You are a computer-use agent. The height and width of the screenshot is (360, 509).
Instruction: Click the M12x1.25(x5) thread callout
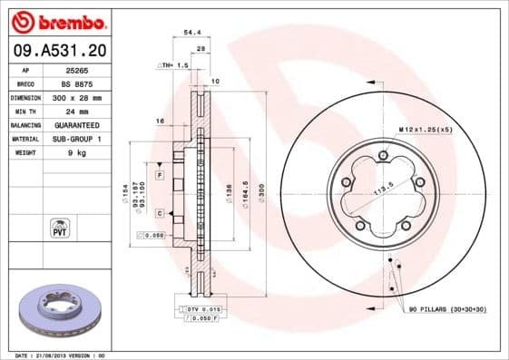[x=426, y=130]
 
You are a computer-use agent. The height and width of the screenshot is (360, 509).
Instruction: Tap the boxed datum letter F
[x=159, y=173]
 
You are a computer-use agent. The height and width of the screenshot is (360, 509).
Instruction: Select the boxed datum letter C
[x=159, y=213]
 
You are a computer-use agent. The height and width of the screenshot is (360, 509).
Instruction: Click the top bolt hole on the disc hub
[x=383, y=156]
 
